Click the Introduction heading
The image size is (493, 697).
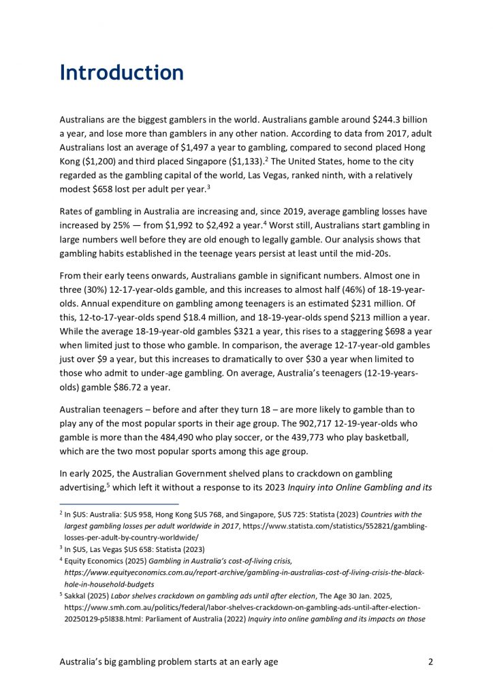121,73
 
